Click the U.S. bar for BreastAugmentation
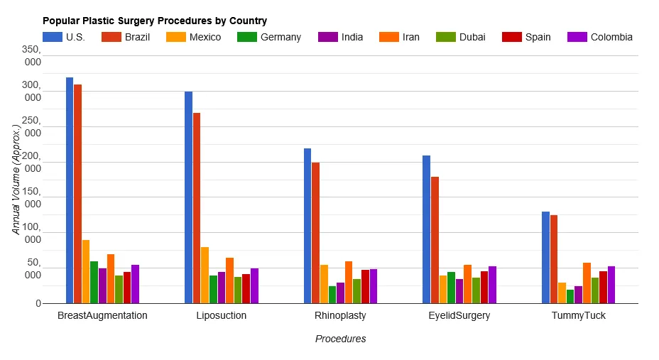pyautogui.click(x=70, y=190)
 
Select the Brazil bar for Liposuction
pyautogui.click(x=197, y=208)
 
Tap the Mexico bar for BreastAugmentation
pyautogui.click(x=86, y=271)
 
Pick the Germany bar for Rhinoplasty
pyautogui.click(x=332, y=295)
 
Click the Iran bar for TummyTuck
pyautogui.click(x=587, y=283)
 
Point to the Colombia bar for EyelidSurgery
pyautogui.click(x=492, y=285)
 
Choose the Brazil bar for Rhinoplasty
pyautogui.click(x=315, y=233)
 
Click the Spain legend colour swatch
pyautogui.click(x=511, y=37)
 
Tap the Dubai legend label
pyautogui.click(x=472, y=37)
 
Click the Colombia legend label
pyautogui.click(x=611, y=37)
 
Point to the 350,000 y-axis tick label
pyautogui.click(x=31, y=55)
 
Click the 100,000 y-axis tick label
pyautogui.click(x=31, y=233)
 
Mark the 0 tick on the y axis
pyautogui.click(x=38, y=304)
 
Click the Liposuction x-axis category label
pyautogui.click(x=221, y=315)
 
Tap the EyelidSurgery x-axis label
pyautogui.click(x=459, y=315)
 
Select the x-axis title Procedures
pyautogui.click(x=340, y=339)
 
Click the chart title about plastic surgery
pyautogui.click(x=154, y=21)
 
